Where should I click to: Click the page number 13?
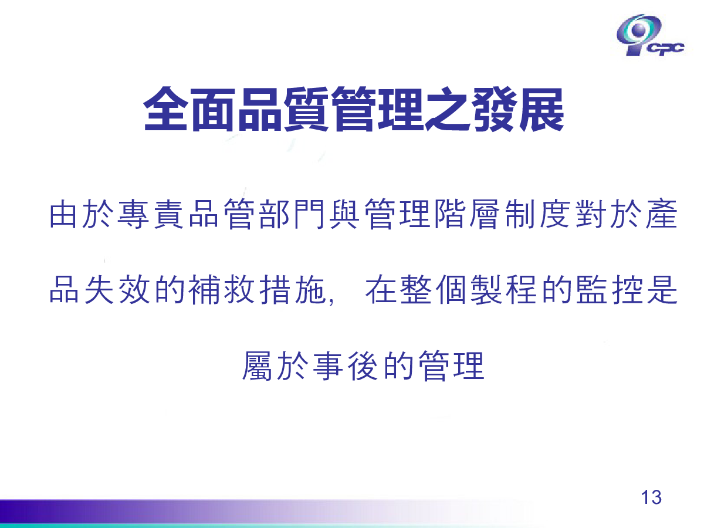651,497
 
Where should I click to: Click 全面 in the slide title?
188,109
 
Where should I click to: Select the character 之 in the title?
448,109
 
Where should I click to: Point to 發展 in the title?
518,109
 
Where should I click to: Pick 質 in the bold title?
306,109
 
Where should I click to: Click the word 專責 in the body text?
150,214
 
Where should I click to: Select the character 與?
344,214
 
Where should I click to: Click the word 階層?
468,214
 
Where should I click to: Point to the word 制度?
538,214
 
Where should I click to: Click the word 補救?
221,289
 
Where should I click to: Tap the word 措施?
292,289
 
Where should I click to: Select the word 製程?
503,289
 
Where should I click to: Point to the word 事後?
345,365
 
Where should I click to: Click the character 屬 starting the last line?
258,365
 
